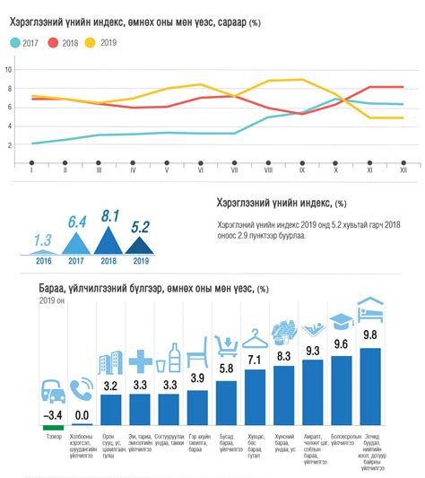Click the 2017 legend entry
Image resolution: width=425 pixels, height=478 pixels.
click(x=25, y=42)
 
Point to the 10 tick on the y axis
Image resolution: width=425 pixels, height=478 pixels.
click(x=8, y=69)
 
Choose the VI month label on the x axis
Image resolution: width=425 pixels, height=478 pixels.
click(x=200, y=169)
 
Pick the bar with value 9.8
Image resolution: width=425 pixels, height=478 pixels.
click(x=369, y=386)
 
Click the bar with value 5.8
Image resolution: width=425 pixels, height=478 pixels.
click(x=227, y=403)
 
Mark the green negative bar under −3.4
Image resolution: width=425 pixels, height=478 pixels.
click(x=54, y=428)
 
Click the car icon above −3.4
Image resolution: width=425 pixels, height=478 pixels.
click(x=54, y=391)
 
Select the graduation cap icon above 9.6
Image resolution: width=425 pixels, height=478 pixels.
click(x=341, y=322)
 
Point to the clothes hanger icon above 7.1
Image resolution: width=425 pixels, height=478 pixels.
click(x=256, y=338)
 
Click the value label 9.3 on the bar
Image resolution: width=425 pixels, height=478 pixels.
click(x=312, y=352)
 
